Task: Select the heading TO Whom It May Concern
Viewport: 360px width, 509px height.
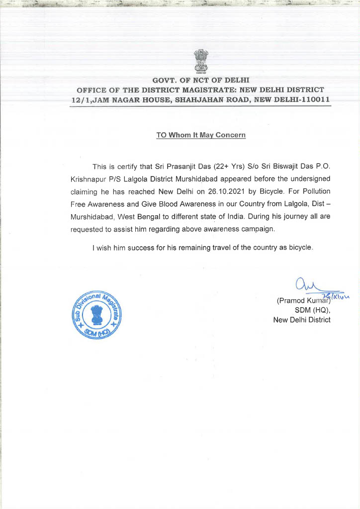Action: coord(201,135)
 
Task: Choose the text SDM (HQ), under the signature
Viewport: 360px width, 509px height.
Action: coord(313,310)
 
